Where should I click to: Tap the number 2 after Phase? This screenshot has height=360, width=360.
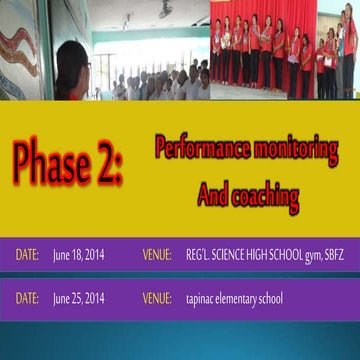pyautogui.click(x=109, y=163)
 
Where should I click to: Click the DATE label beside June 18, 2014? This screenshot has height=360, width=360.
pyautogui.click(x=27, y=254)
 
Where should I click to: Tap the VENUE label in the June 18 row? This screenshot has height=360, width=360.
pyautogui.click(x=157, y=254)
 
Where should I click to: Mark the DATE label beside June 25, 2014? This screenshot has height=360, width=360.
pyautogui.click(x=27, y=297)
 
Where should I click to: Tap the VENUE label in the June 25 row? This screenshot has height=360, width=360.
pyautogui.click(x=157, y=297)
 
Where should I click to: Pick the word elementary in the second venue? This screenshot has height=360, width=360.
pyautogui.click(x=245, y=298)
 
